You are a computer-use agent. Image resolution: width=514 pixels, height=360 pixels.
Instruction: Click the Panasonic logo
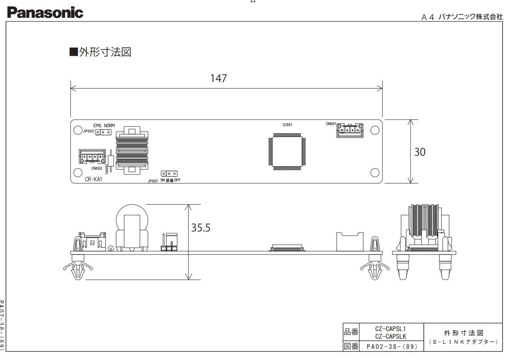point(45,13)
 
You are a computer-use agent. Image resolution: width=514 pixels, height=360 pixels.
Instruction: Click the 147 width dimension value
point(219,79)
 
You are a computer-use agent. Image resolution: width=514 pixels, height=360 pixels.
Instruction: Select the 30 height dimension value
point(420,152)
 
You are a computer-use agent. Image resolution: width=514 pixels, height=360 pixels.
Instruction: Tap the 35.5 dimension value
point(200,228)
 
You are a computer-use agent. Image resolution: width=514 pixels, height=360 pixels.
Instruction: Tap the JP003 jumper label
point(88,132)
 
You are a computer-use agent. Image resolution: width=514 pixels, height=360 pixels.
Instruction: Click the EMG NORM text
point(104,126)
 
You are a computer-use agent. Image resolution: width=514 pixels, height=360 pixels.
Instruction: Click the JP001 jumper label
point(152,180)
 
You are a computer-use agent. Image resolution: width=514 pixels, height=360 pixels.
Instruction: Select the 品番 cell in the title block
point(351,331)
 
